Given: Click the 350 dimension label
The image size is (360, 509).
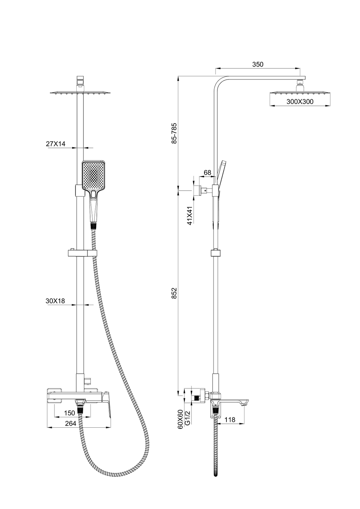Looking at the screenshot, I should click(258, 64).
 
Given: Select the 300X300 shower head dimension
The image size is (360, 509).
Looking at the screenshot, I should click(300, 102).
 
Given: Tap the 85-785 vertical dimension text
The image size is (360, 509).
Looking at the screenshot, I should click(174, 133).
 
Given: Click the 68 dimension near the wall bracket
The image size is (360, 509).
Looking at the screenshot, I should click(207, 173).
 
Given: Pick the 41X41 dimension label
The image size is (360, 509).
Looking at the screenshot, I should click(189, 215).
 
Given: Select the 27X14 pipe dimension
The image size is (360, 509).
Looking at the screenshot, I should click(55, 144).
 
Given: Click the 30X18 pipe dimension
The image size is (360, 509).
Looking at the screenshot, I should click(55, 301).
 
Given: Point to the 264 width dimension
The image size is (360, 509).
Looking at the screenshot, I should click(71, 424).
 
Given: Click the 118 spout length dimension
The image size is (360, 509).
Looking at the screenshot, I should click(230, 419).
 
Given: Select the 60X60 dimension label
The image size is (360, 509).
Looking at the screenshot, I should click(180, 419).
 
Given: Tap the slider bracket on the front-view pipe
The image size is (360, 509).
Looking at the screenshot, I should click(82, 253).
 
